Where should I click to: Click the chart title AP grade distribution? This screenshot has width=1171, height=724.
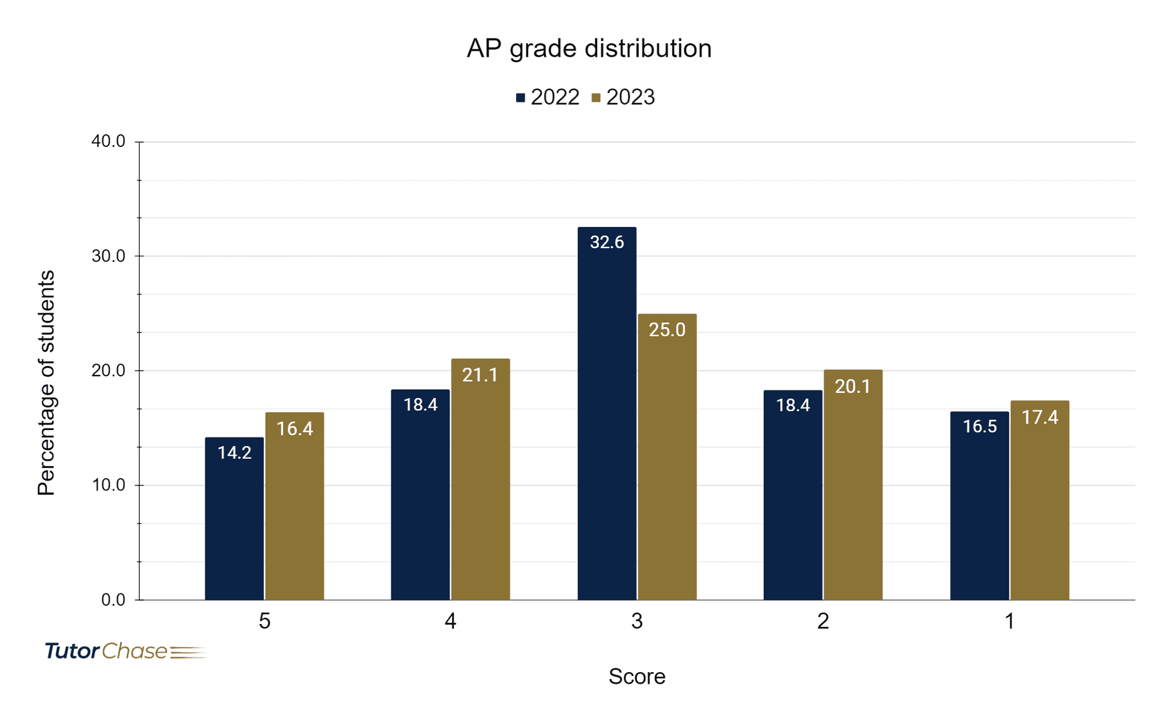click(x=589, y=49)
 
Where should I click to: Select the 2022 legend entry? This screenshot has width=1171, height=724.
click(x=548, y=98)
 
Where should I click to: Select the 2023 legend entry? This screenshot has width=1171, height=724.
click(x=623, y=98)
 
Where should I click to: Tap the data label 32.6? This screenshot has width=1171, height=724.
click(x=607, y=242)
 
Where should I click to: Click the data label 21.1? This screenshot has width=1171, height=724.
click(x=480, y=375)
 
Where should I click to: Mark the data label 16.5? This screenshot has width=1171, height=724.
click(x=979, y=426)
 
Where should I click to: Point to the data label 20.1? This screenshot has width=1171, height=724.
click(x=852, y=386)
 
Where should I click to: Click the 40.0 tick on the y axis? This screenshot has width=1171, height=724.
click(x=108, y=142)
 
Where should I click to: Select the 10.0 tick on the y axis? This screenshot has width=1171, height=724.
click(x=108, y=485)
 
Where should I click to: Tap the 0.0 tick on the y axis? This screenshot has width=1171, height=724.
click(x=113, y=600)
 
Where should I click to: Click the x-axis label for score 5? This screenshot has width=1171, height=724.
click(x=264, y=621)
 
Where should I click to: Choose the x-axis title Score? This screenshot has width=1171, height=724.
click(x=637, y=676)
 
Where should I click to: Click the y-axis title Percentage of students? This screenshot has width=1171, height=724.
click(x=46, y=382)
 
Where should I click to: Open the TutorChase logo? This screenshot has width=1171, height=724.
click(x=125, y=651)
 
